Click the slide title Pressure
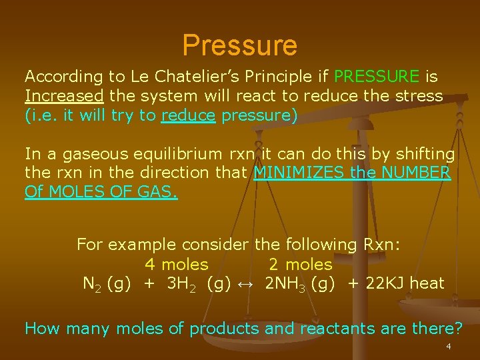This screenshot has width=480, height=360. click(239, 45)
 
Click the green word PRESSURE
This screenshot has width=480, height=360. click(377, 77)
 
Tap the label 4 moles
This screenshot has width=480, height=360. click(177, 264)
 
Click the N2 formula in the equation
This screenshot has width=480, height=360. click(91, 283)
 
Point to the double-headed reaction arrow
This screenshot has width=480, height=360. click(245, 283)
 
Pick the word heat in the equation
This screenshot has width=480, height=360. click(427, 283)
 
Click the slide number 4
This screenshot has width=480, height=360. click(449, 347)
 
